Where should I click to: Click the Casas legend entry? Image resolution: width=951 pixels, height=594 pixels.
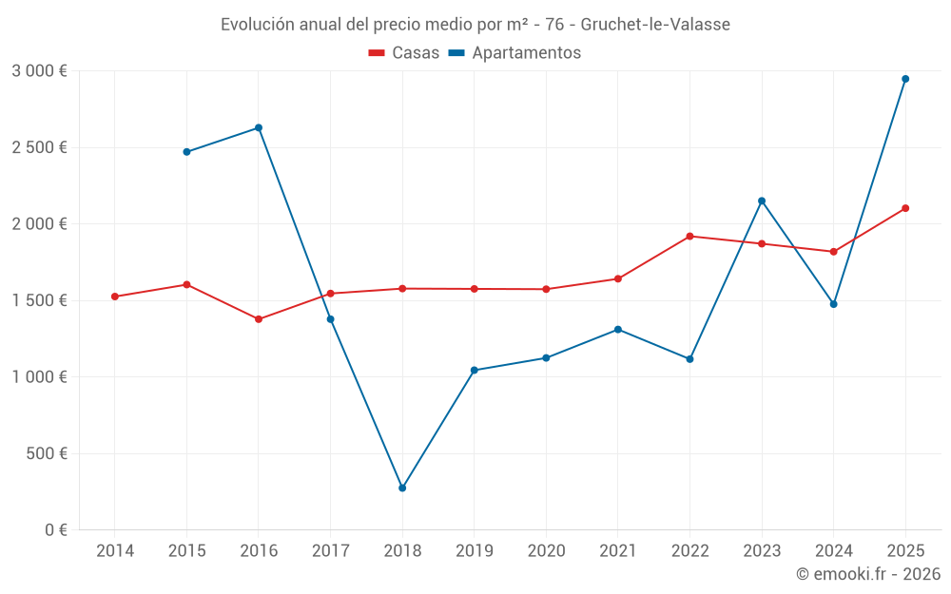pyautogui.click(x=404, y=53)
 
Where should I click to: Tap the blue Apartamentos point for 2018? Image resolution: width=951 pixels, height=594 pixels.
pyautogui.click(x=402, y=488)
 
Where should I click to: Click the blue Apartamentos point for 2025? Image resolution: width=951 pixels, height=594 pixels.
pyautogui.click(x=905, y=79)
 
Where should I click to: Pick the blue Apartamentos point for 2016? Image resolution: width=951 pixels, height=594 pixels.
pyautogui.click(x=259, y=127)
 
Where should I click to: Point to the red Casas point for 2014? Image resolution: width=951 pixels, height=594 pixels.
pyautogui.click(x=115, y=297)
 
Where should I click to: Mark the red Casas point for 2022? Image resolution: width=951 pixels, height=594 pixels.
pyautogui.click(x=689, y=236)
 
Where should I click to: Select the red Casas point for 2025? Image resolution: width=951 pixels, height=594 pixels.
pyautogui.click(x=905, y=208)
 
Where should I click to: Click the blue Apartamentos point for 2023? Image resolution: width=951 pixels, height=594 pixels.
pyautogui.click(x=762, y=201)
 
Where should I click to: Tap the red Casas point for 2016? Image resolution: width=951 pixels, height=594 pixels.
pyautogui.click(x=259, y=319)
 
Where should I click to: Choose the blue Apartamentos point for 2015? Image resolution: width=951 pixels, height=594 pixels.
pyautogui.click(x=186, y=152)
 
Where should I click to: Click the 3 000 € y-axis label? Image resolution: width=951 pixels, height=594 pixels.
pyautogui.click(x=39, y=71)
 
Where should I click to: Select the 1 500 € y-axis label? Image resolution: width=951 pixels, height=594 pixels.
pyautogui.click(x=39, y=300)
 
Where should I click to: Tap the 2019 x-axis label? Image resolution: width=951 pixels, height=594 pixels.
pyautogui.click(x=475, y=550)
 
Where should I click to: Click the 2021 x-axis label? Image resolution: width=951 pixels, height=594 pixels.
pyautogui.click(x=618, y=550)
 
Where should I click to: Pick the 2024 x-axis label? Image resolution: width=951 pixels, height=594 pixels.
pyautogui.click(x=833, y=550)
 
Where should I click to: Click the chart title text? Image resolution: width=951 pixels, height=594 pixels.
pyautogui.click(x=475, y=24)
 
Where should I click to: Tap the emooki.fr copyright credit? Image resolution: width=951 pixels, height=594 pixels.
pyautogui.click(x=868, y=574)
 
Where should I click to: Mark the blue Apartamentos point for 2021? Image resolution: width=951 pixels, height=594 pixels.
pyautogui.click(x=618, y=330)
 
